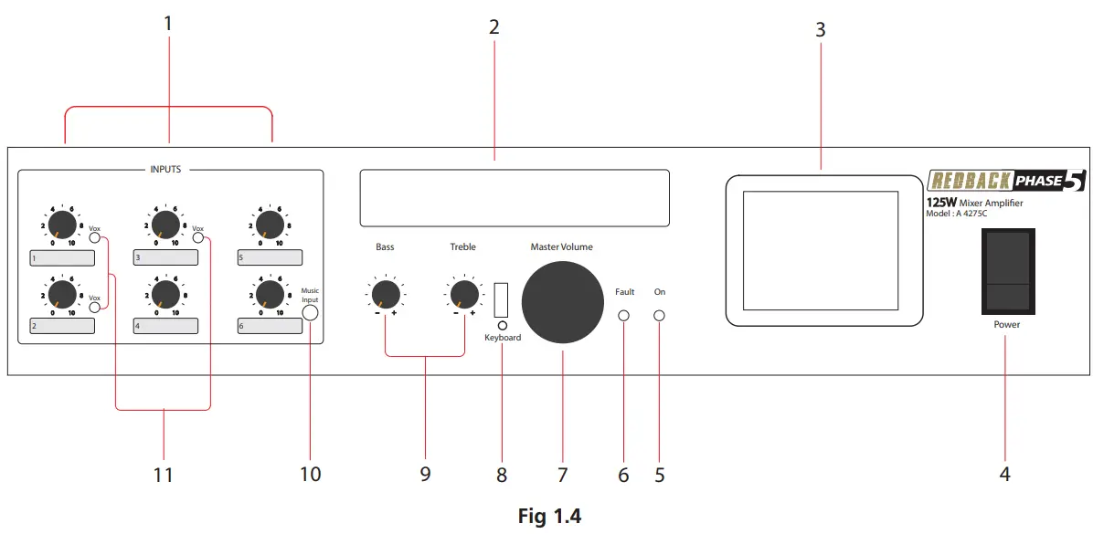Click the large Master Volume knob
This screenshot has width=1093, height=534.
click(563, 301)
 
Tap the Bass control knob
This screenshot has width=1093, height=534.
click(386, 294)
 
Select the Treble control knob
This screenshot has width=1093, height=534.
click(463, 294)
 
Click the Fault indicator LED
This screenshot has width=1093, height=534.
click(624, 317)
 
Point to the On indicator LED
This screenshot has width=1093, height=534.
click(659, 317)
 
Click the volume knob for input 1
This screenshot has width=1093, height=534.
click(62, 225)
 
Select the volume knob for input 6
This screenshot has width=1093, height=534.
click(269, 293)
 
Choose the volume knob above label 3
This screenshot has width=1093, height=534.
click(165, 225)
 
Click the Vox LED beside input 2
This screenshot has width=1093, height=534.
click(94, 309)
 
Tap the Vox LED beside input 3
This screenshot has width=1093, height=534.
click(198, 239)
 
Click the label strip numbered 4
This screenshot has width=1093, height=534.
click(165, 325)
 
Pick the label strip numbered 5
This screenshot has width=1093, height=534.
click(270, 257)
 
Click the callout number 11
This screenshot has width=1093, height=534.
click(163, 475)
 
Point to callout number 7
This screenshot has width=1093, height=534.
click(563, 475)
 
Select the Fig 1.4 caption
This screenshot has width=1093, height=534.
click(549, 517)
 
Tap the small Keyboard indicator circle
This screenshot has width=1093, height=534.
click(501, 324)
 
